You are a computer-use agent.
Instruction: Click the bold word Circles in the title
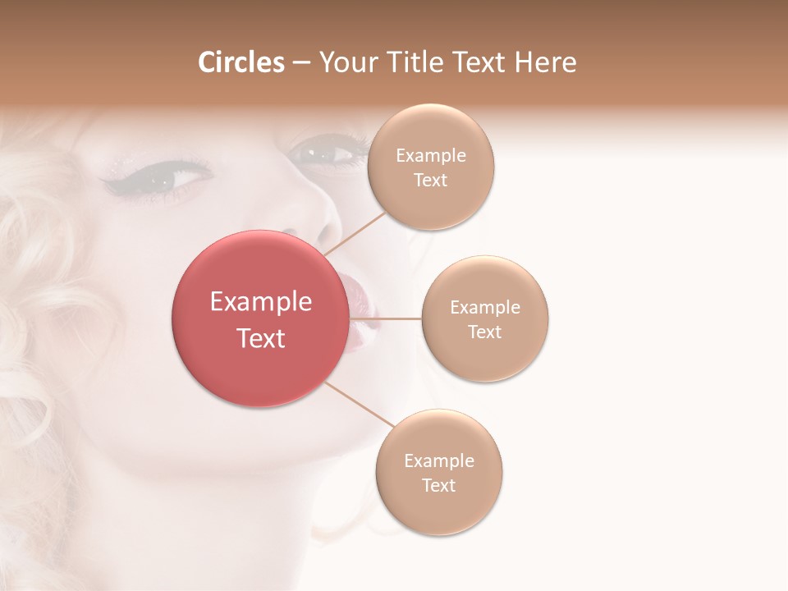(241, 62)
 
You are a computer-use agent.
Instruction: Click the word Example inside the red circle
(261, 302)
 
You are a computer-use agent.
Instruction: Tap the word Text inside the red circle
(261, 338)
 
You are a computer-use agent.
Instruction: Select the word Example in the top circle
(431, 155)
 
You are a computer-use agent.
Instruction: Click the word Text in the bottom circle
(439, 485)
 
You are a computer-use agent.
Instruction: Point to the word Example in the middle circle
(485, 307)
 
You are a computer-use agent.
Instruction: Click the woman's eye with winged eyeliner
(168, 176)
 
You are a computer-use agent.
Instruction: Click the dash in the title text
(301, 63)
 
